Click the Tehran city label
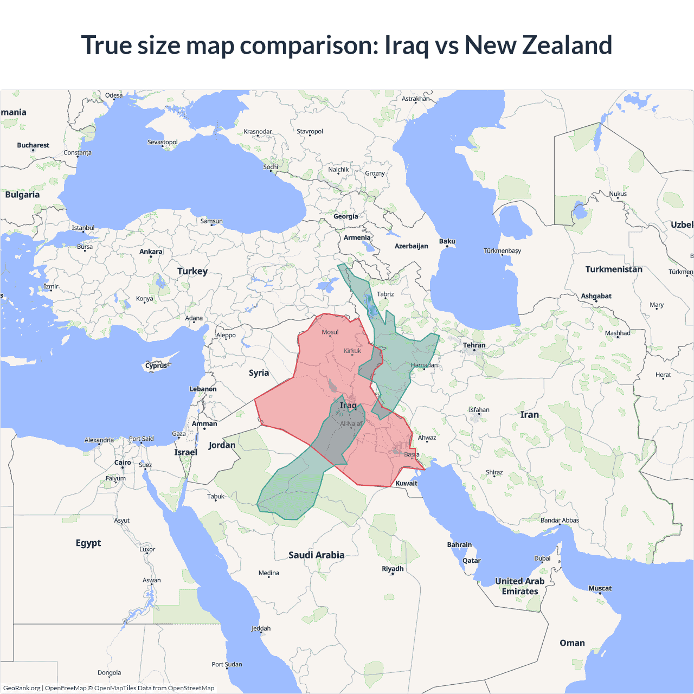(474, 345)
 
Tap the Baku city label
(447, 241)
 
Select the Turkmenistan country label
(614, 269)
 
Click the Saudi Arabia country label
(316, 555)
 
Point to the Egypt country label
(88, 543)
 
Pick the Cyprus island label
(156, 365)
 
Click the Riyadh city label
(393, 569)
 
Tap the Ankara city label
(151, 252)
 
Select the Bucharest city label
(33, 145)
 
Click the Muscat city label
(600, 588)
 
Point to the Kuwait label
(407, 483)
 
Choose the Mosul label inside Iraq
(330, 332)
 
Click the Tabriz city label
(385, 294)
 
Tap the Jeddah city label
(261, 628)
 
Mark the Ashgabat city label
(596, 296)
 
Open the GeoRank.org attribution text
(22, 688)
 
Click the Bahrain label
(459, 544)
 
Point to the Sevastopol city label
(163, 142)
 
